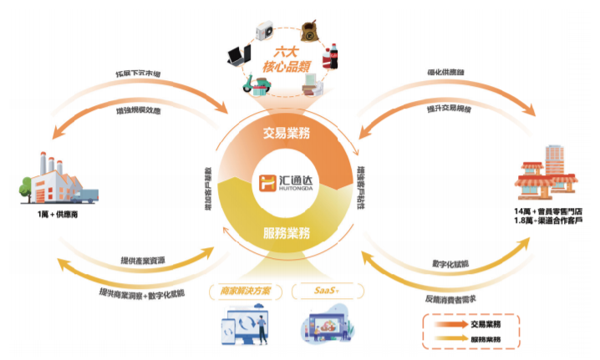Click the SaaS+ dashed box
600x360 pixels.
[326, 292]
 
